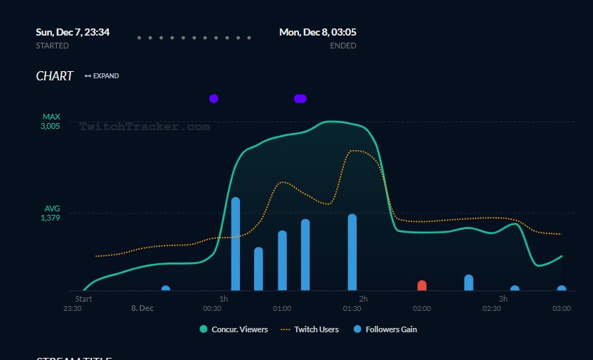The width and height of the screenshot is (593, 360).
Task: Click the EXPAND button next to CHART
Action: coord(102,76)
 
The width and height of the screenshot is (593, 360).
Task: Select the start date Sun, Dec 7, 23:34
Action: coord(73,32)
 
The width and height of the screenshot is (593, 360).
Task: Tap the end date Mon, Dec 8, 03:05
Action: coord(318,32)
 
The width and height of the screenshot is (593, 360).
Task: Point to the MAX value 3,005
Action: coord(50,126)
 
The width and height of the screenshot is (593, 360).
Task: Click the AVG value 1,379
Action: coord(50,218)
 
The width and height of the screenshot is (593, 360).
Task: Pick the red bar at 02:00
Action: coord(421,285)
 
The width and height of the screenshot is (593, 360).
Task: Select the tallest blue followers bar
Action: coord(236,244)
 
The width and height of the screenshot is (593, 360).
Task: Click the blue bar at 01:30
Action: coord(352,252)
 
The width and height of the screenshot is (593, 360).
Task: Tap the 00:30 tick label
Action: coord(212,308)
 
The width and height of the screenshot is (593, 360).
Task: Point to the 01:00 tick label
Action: coord(282,308)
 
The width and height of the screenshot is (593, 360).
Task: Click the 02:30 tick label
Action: coord(491,308)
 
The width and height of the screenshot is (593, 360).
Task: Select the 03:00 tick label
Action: coord(562,308)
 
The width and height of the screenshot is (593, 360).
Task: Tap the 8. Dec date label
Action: coord(142,308)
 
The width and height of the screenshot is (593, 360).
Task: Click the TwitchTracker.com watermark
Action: coord(145,127)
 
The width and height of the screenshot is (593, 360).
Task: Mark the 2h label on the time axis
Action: coord(363,299)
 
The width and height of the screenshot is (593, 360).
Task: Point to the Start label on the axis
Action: coord(83,299)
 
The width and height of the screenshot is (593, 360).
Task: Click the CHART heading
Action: coord(55,76)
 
